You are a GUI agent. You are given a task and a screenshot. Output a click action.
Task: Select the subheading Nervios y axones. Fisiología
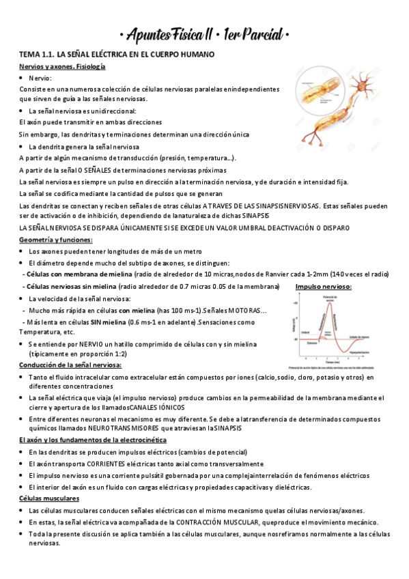tap(62, 66)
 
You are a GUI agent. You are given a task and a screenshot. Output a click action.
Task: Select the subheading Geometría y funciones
tap(56, 240)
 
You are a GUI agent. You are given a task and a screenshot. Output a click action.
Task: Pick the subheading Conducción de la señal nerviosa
tap(70, 366)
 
